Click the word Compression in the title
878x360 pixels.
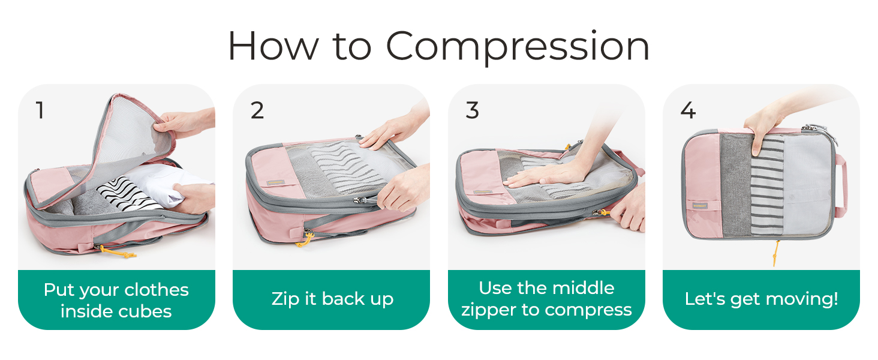tap(518, 47)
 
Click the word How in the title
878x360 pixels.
tap(273, 46)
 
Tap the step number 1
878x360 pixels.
tap(40, 110)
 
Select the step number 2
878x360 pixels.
tap(257, 110)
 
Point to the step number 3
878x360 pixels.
tap(473, 110)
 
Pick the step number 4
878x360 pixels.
tap(688, 110)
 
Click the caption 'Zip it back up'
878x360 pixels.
tap(332, 299)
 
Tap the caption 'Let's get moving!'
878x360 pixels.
tap(761, 299)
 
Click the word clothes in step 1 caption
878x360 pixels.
tap(157, 290)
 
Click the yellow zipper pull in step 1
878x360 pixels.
tap(118, 251)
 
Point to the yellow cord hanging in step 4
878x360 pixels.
tap(775, 253)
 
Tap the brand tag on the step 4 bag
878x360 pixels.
tap(700, 205)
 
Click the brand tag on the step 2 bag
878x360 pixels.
tap(275, 182)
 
